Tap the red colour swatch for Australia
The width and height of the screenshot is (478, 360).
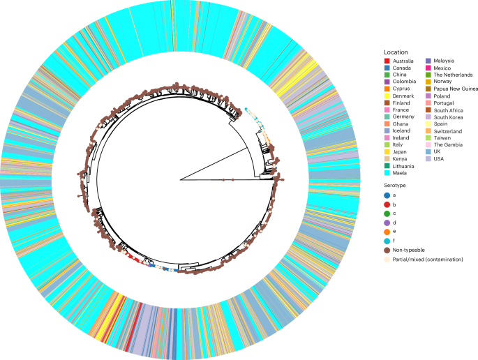click(x=387, y=61)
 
